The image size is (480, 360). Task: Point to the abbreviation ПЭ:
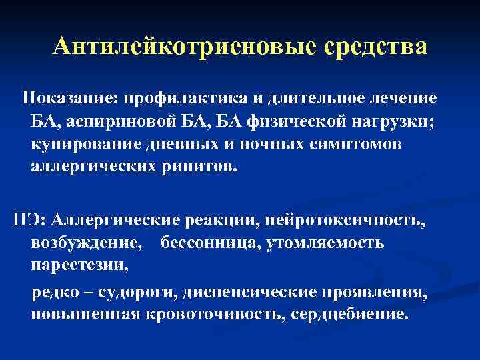tap(26, 219)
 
